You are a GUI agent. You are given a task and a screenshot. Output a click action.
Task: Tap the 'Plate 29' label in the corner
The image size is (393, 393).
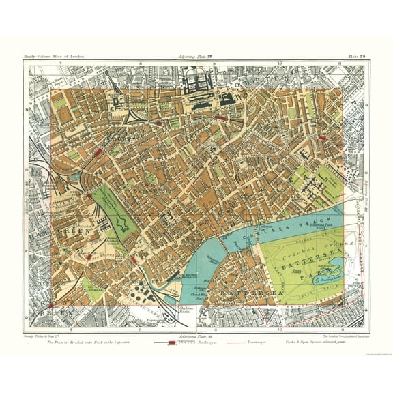tap(357, 55)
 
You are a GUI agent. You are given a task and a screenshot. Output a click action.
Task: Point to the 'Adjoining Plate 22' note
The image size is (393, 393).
tap(196, 55)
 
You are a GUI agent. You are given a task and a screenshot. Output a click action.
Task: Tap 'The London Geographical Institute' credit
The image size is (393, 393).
tap(341, 336)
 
